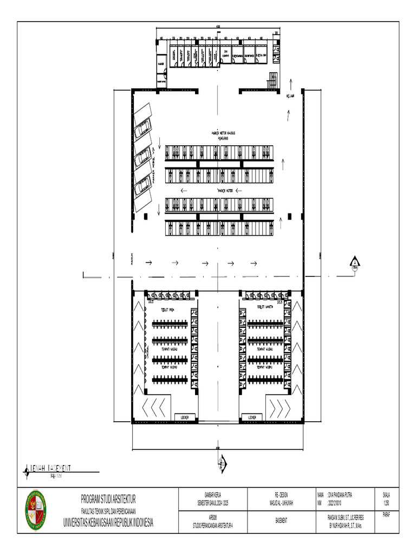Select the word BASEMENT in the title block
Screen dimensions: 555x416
point(281,520)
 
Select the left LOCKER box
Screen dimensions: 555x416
point(185,417)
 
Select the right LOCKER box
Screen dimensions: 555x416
point(252,417)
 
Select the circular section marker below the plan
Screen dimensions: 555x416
point(221,462)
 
